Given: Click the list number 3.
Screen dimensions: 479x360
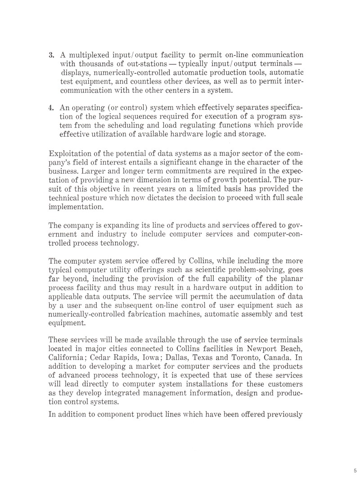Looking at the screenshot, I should tap(51, 55).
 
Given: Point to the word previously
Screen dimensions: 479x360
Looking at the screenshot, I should tap(281, 414).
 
